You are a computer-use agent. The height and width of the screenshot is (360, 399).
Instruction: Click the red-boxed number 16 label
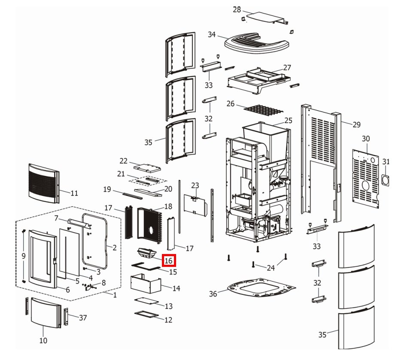pyautogui.click(x=168, y=260)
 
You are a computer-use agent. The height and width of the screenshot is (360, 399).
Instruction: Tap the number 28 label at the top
pyautogui.click(x=237, y=9)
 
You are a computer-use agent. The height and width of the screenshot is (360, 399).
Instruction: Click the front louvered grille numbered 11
pyautogui.click(x=43, y=182)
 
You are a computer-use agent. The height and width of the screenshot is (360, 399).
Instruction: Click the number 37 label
pyautogui.click(x=83, y=318)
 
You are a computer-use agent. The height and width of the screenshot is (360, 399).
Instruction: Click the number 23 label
pyautogui.click(x=195, y=186)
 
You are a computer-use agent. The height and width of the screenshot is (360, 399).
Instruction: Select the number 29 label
pyautogui.click(x=356, y=125)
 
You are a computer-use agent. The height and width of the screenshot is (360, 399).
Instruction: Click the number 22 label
pyautogui.click(x=124, y=161)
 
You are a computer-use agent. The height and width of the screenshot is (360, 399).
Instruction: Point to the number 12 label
pyautogui.click(x=168, y=320)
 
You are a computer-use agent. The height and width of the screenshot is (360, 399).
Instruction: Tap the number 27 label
pyautogui.click(x=287, y=67)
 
